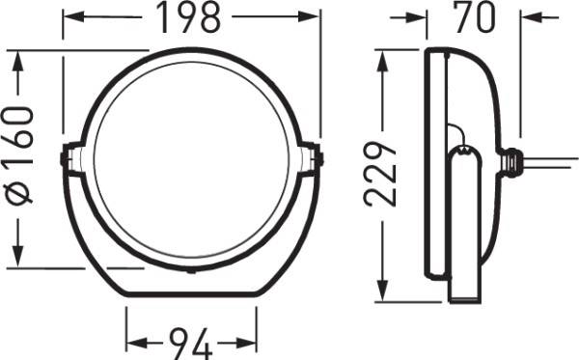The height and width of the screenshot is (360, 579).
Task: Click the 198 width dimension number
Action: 191,17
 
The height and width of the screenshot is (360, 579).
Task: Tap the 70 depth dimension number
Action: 474,17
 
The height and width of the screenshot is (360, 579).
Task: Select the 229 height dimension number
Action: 383,172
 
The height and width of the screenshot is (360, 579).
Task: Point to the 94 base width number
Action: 191,342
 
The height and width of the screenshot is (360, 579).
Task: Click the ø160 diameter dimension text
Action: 21,154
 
